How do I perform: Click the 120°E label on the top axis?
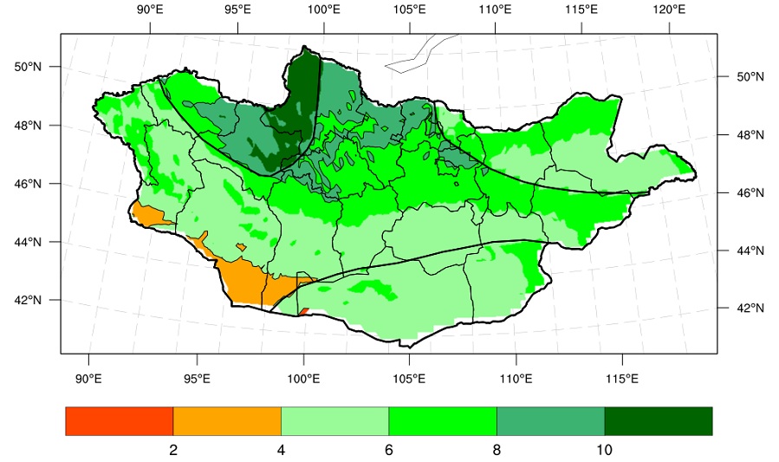(x=669, y=10)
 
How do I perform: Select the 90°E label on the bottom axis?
(x=88, y=379)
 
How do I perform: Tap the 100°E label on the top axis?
(x=324, y=10)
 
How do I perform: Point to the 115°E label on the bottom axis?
(x=622, y=379)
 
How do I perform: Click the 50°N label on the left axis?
(x=28, y=67)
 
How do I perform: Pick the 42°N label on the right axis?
(x=750, y=308)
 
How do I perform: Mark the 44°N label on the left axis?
(x=28, y=242)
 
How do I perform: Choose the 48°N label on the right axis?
(x=750, y=134)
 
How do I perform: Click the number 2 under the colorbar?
(x=173, y=450)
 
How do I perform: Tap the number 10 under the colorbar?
(x=604, y=450)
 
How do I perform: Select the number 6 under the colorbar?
(x=388, y=450)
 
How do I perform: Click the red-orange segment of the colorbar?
(x=120, y=421)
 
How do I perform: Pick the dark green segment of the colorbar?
(x=659, y=421)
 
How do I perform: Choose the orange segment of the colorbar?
(x=227, y=421)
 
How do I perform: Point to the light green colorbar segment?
(x=334, y=421)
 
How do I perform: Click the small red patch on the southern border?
(x=303, y=311)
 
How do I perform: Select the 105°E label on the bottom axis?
(x=409, y=379)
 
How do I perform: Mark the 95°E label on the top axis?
(x=237, y=10)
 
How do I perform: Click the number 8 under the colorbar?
(x=497, y=450)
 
